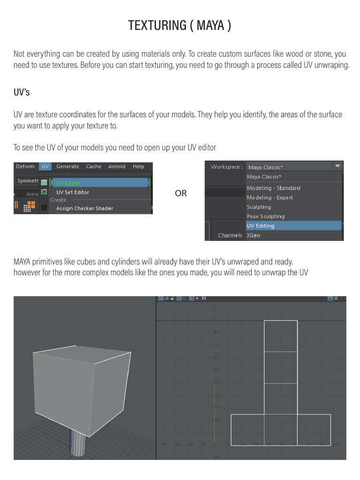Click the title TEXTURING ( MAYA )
pyautogui.click(x=180, y=25)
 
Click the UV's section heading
pyautogui.click(x=22, y=92)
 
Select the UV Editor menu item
pyautogui.click(x=68, y=183)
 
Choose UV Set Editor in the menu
pyautogui.click(x=73, y=192)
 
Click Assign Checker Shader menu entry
pyautogui.click(x=84, y=208)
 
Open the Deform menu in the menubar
pyautogui.click(x=25, y=166)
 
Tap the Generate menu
pyautogui.click(x=67, y=166)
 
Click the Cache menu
pyautogui.click(x=94, y=166)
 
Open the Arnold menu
pyautogui.click(x=117, y=166)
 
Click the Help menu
pyautogui.click(x=138, y=166)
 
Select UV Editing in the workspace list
pyautogui.click(x=261, y=225)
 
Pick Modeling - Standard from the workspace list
pyautogui.click(x=274, y=188)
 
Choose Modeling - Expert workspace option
pyautogui.click(x=270, y=197)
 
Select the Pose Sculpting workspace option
pyautogui.click(x=266, y=216)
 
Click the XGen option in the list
pyautogui.click(x=254, y=235)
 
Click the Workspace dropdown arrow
pyautogui.click(x=337, y=166)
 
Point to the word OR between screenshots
pyautogui.click(x=180, y=193)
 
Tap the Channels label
pyautogui.click(x=230, y=235)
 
